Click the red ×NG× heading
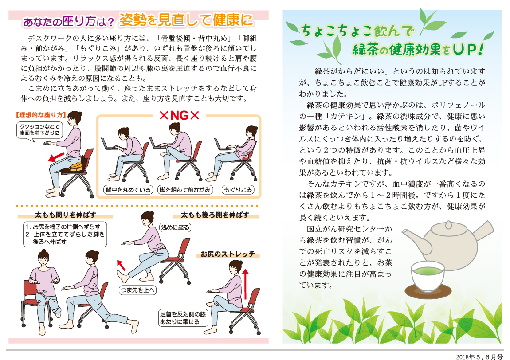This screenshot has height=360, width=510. (x=179, y=115)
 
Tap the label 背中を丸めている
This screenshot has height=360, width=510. (x=128, y=190)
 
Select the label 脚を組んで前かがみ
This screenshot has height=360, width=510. (x=185, y=190)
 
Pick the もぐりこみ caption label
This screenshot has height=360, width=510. (x=238, y=190)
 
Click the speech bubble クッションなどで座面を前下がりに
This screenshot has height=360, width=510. (x=39, y=130)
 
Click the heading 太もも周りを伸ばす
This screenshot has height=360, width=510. (x=65, y=215)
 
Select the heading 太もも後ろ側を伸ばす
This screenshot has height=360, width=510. (x=215, y=215)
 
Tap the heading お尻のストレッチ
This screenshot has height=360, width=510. (x=228, y=254)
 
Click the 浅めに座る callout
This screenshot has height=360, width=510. (x=175, y=227)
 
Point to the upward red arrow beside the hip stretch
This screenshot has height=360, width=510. (x=246, y=284)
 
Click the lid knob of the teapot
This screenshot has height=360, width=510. (x=448, y=224)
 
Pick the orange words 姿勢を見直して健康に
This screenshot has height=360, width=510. (x=187, y=20)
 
